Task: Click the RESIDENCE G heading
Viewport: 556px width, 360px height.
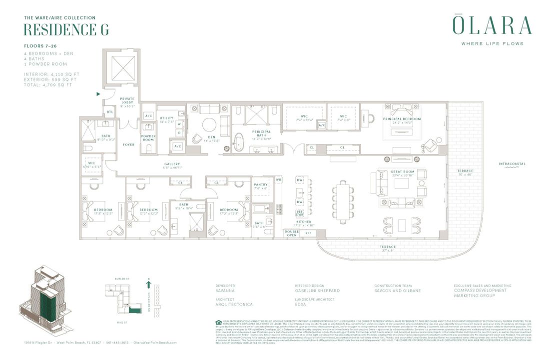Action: (x=66, y=29)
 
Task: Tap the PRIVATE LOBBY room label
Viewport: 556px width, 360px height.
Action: (x=127, y=101)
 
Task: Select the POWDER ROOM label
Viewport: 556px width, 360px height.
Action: (x=148, y=137)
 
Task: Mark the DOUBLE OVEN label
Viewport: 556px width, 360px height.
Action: (x=292, y=233)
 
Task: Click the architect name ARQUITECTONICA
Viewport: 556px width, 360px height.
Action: (x=234, y=304)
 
